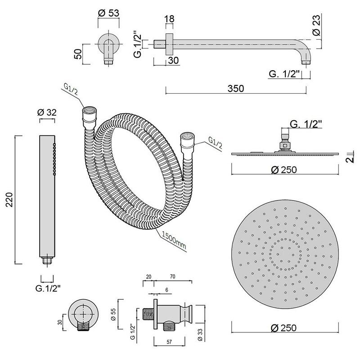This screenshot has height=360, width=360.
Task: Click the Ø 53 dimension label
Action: (x=108, y=13)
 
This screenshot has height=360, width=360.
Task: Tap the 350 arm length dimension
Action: (x=236, y=88)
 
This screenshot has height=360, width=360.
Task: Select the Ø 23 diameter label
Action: (x=316, y=25)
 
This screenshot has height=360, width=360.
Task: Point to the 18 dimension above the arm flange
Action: (x=170, y=19)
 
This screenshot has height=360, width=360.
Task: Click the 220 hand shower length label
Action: (x=9, y=199)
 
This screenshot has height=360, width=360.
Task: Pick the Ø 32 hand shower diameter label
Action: (x=47, y=112)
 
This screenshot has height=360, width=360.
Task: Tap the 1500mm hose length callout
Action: (x=174, y=240)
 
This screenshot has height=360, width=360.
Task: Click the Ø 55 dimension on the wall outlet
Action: (x=113, y=314)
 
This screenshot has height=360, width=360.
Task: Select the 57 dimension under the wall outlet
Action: (x=169, y=342)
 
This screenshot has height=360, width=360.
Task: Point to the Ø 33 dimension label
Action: (x=200, y=334)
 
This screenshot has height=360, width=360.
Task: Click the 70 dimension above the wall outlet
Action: (x=172, y=276)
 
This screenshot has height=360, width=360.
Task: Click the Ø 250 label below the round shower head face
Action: (x=284, y=328)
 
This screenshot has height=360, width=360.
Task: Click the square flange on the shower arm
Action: (x=170, y=44)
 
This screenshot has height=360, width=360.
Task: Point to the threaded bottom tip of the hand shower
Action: (x=47, y=261)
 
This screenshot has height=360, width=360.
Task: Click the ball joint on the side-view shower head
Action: (x=285, y=145)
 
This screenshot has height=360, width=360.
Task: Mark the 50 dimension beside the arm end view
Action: (x=78, y=54)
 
